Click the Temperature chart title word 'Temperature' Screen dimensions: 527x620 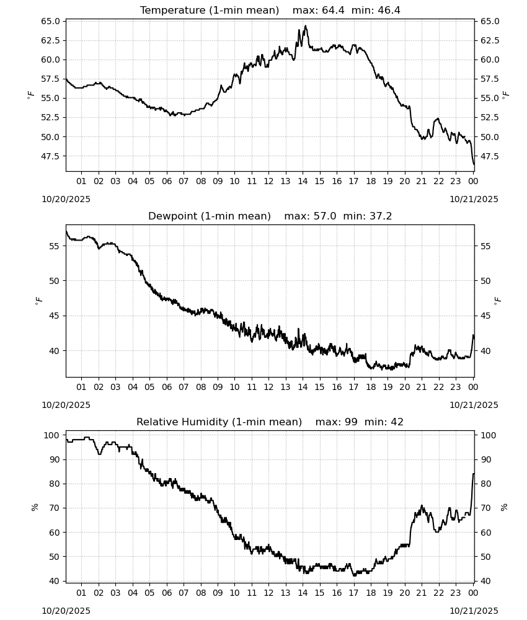point(173,11)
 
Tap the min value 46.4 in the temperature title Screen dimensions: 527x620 point(389,11)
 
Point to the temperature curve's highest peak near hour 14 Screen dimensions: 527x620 point(305,26)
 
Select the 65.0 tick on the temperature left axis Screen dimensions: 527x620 point(50,21)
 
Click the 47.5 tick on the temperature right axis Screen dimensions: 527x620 point(490,157)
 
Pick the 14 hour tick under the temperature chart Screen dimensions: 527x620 point(303,181)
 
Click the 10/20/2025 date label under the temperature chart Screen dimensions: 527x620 point(66,199)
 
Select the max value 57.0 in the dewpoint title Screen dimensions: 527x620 point(325,216)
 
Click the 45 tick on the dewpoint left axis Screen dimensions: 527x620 point(55,316)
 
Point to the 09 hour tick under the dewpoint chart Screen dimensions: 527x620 point(218,387)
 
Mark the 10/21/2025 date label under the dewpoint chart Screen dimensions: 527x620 point(474,405)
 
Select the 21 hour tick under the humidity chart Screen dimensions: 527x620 point(422,593)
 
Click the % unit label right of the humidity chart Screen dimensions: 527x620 point(504,507)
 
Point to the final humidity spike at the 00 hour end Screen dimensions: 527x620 point(473,474)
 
